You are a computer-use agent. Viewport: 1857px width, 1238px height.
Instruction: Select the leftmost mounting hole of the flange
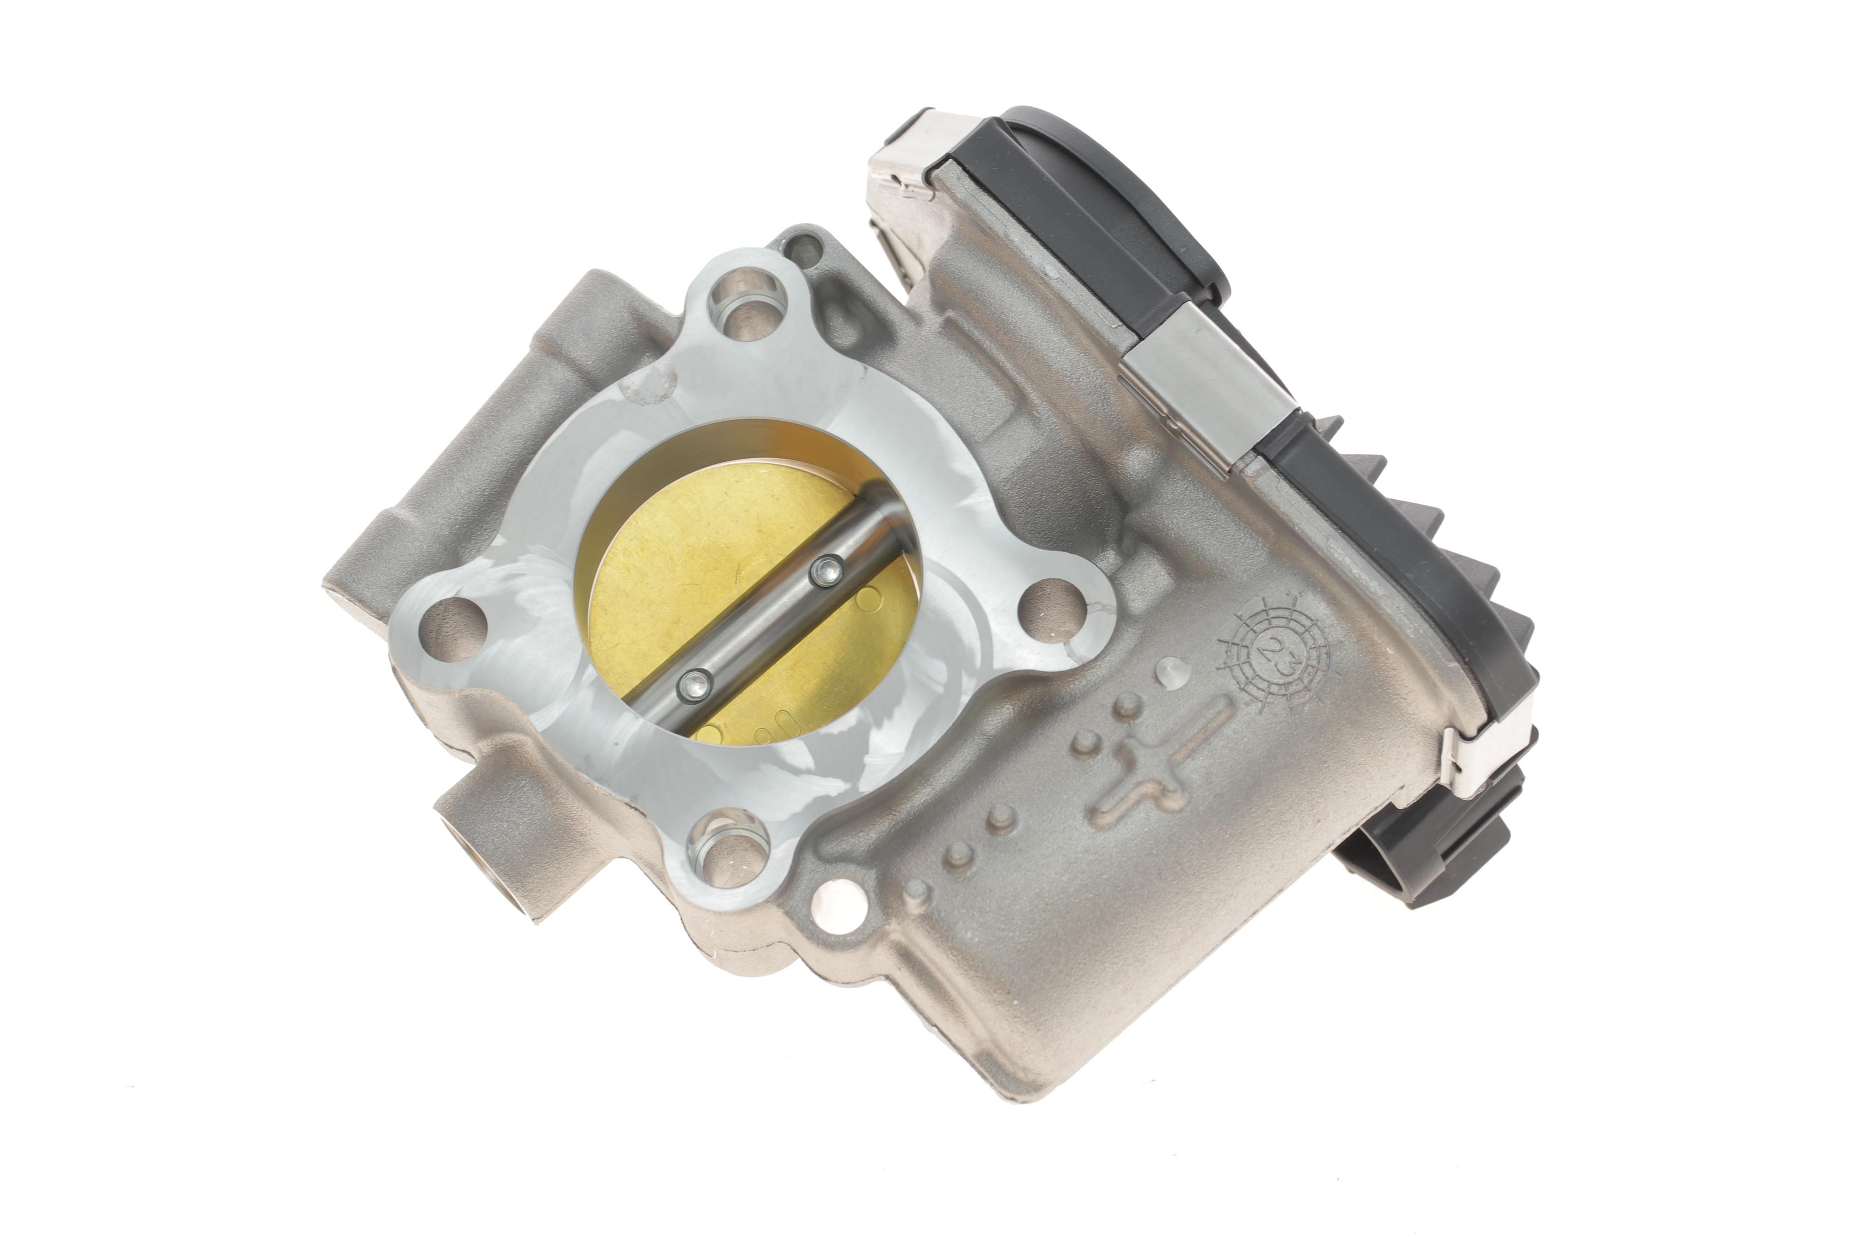coord(451,623)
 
